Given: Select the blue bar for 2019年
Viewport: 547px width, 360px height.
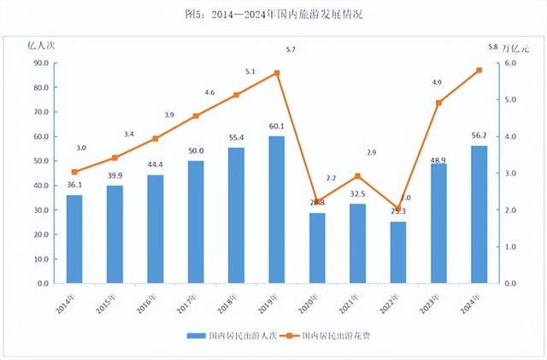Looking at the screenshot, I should point(277,210).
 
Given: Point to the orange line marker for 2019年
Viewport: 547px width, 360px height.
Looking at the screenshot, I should point(277,74).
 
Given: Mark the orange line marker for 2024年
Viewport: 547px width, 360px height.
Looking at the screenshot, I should point(479,70).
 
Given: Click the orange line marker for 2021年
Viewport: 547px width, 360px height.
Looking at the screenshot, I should point(358,176).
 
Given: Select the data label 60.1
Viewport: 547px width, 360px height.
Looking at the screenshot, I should point(277,127).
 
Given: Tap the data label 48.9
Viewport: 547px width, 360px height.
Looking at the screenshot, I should point(439,160).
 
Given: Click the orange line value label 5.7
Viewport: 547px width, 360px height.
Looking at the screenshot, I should point(291,50).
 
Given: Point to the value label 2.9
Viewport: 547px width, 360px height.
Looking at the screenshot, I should point(371,152).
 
